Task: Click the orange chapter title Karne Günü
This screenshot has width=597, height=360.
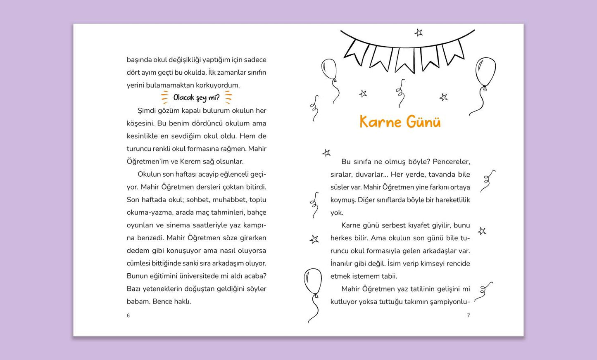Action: (400, 122)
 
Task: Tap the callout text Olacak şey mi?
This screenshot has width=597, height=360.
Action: (196, 98)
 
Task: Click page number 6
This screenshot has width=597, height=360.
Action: (128, 315)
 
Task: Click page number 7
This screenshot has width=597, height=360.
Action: (468, 315)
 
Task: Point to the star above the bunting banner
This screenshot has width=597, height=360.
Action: (419, 32)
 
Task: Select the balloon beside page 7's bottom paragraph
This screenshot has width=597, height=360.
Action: (313, 282)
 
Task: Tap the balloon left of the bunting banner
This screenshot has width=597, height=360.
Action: (329, 70)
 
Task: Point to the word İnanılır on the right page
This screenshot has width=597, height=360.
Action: (343, 263)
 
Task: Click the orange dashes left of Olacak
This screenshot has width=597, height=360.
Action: (165, 97)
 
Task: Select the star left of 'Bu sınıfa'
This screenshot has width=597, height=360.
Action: (326, 153)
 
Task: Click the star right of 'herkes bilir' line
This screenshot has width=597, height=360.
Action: (482, 231)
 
